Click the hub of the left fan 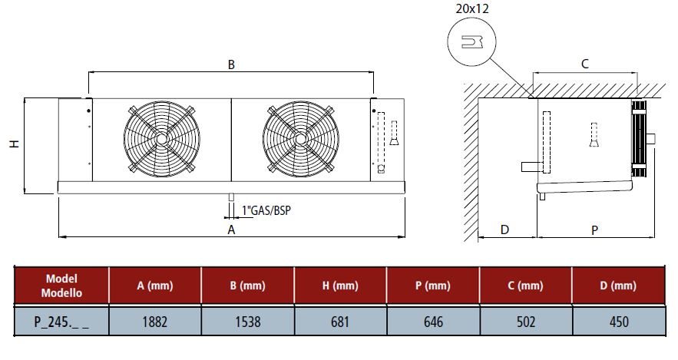point(161,139)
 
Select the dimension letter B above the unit point(230,65)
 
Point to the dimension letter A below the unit point(230,230)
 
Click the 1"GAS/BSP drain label point(266,210)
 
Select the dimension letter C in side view point(584,64)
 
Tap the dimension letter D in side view point(505,230)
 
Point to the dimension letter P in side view point(595,230)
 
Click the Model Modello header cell point(62,286)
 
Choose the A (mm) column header point(155,286)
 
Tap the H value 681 point(340,322)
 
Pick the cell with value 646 point(433,322)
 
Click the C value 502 point(525,322)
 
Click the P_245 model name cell point(62,322)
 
